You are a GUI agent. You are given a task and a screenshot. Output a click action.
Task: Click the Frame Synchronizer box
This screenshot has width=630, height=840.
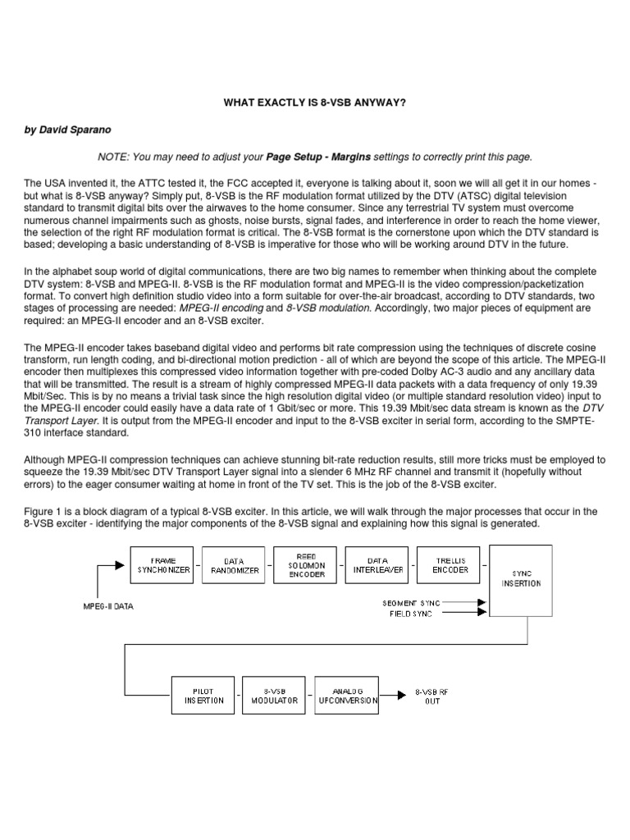click(x=162, y=565)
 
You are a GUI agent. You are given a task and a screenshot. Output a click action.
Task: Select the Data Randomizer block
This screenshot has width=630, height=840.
click(x=234, y=565)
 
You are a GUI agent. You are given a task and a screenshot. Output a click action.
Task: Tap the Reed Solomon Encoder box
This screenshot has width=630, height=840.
click(x=305, y=565)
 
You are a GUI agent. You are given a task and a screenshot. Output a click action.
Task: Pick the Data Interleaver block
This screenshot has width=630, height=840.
click(x=377, y=565)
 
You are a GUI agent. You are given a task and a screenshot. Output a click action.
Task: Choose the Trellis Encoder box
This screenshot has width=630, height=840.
click(x=448, y=565)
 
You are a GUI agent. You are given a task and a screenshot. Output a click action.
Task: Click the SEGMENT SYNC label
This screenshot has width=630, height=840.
click(x=411, y=603)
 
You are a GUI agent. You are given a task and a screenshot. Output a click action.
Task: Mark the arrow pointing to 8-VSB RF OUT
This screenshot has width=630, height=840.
click(x=395, y=696)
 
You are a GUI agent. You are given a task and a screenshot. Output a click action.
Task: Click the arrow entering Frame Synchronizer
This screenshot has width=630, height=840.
click(x=113, y=566)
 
